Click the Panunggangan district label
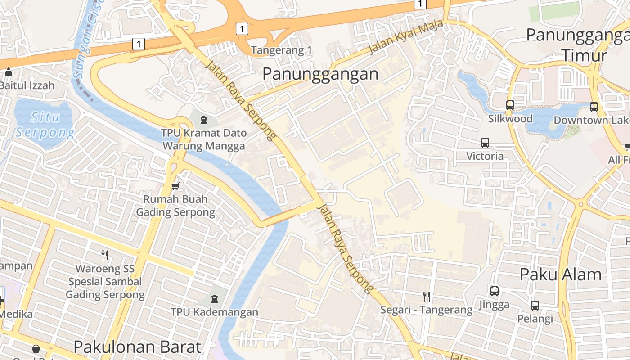[x=320, y=74]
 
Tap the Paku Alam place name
[x=560, y=274]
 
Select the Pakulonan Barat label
[x=137, y=346]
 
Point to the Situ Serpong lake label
[x=44, y=125]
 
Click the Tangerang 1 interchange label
[x=281, y=50]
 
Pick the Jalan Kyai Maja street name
[x=406, y=38]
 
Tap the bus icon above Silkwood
[x=510, y=105]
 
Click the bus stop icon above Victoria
[x=485, y=143]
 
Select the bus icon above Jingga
[x=494, y=291]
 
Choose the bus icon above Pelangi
[x=535, y=306]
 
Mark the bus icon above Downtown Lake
[x=594, y=107]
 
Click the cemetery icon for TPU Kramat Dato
[x=204, y=120]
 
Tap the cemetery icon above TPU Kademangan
[x=214, y=298]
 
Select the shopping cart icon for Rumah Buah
[x=175, y=186]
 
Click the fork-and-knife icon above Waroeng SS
[x=105, y=255]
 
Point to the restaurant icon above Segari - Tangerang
[x=426, y=296]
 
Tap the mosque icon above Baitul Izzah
[x=8, y=72]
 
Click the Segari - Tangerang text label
[x=426, y=310]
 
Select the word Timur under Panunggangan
[x=584, y=56]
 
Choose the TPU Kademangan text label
[x=214, y=312]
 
